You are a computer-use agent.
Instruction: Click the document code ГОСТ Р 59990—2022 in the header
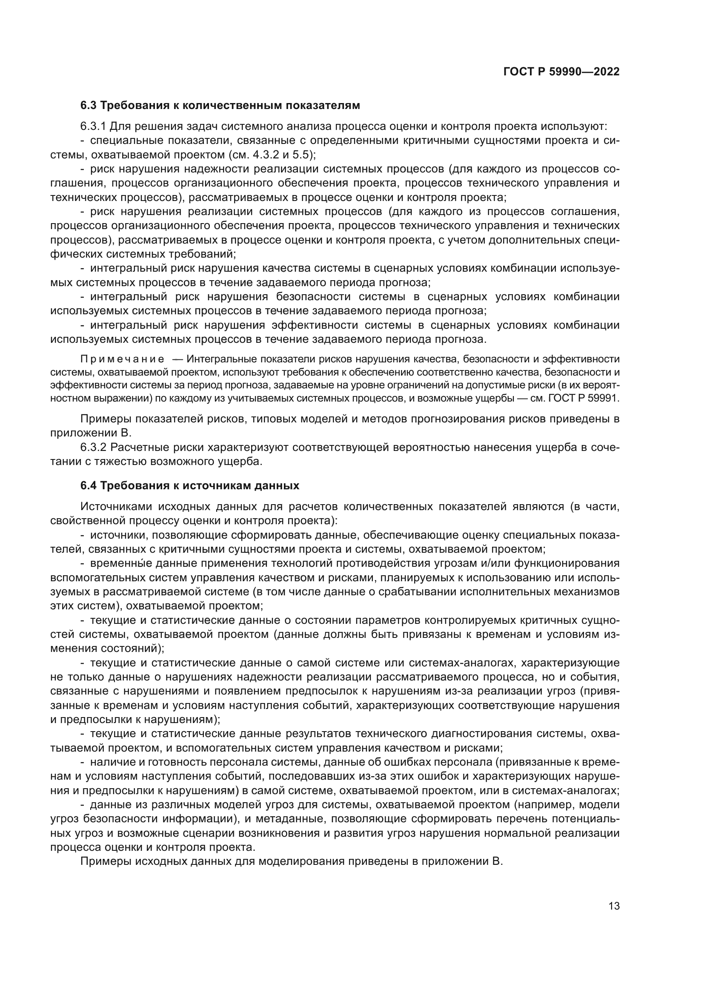561,72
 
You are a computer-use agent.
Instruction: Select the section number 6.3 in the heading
89,106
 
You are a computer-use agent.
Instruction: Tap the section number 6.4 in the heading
89,485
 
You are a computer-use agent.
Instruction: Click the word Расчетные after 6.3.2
137,447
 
